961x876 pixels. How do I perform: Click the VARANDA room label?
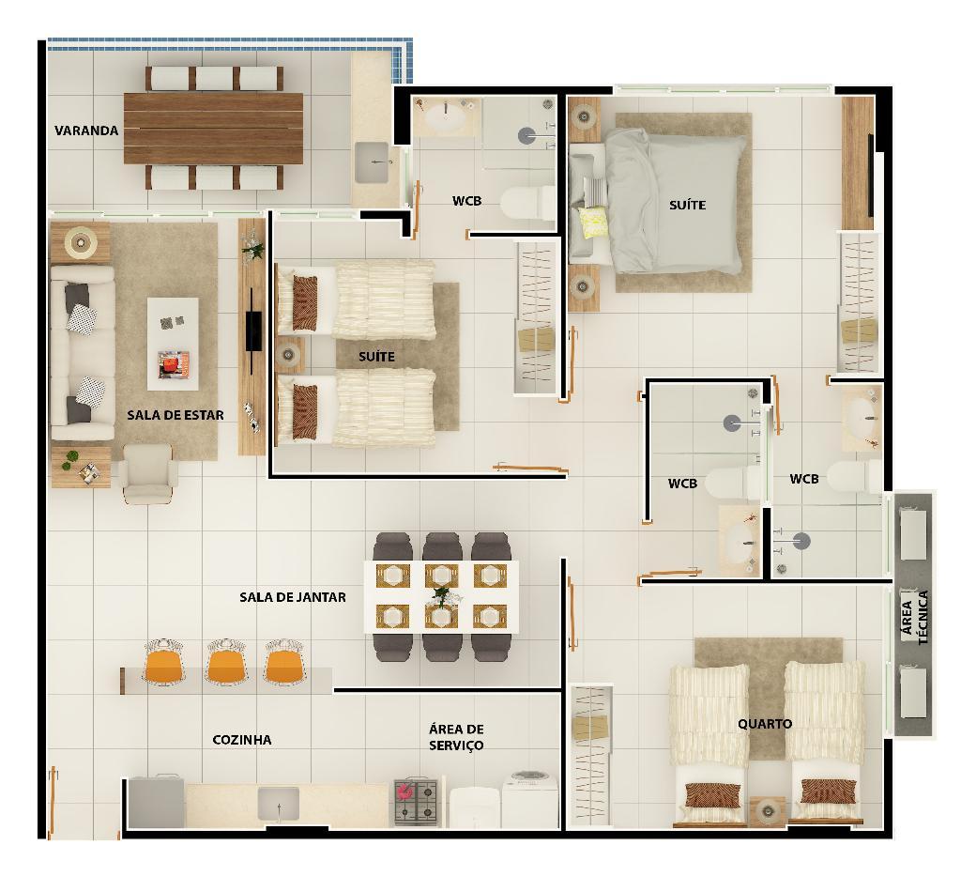point(86,131)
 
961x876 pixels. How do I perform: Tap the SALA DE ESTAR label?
point(175,415)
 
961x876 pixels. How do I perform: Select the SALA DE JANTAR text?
point(293,597)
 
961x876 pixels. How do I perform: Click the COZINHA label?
point(242,740)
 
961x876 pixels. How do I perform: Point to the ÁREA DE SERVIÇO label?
point(457,737)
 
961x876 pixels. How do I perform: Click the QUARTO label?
point(765,724)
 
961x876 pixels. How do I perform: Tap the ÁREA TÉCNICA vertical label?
point(915,617)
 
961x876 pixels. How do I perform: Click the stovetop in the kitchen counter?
point(416,802)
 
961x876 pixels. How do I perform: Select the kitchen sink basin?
point(278,804)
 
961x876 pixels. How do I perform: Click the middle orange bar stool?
point(226,663)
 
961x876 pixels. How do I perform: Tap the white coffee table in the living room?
point(173,344)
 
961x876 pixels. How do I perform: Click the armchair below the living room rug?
point(148,473)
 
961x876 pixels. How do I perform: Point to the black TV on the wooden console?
point(253,331)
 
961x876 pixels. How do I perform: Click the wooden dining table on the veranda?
point(213,128)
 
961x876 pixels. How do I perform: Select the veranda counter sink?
point(372,162)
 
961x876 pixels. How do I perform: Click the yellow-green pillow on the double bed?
point(593,222)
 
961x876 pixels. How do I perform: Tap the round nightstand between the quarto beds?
point(768,811)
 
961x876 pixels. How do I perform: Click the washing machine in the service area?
point(531,799)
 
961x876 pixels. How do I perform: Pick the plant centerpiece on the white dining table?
point(441,595)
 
